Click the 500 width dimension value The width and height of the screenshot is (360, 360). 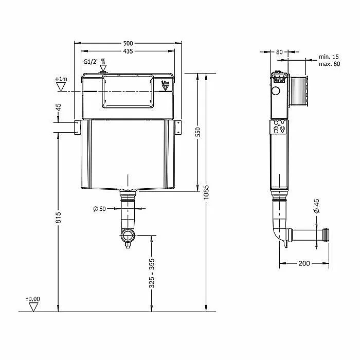[x=128, y=43]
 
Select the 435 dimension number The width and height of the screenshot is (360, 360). [x=128, y=51]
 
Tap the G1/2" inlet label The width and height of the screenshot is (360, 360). [x=91, y=62]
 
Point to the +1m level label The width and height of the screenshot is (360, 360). [x=61, y=79]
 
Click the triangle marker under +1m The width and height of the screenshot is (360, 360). [x=61, y=86]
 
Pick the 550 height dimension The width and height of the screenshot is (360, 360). [x=197, y=132]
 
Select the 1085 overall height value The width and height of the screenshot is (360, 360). [x=206, y=192]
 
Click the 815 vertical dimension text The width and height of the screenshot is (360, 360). [x=59, y=218]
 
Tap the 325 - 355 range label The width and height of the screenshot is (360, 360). [x=152, y=273]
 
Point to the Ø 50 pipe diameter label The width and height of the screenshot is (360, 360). [x=99, y=209]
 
